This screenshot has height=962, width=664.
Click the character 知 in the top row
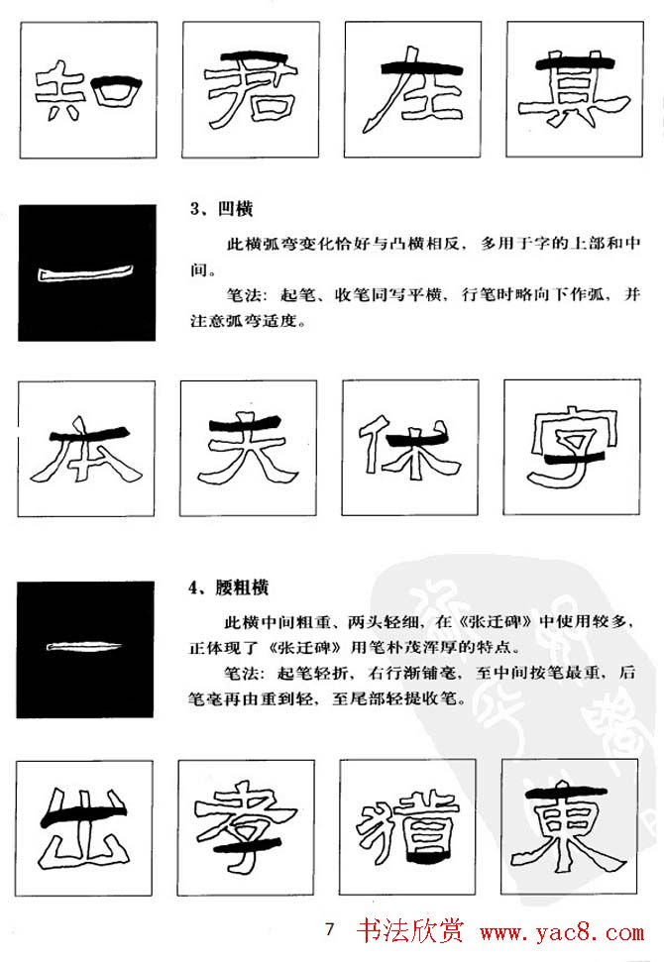(85, 92)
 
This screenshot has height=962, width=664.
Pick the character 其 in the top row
(571, 90)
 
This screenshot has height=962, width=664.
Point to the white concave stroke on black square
(86, 273)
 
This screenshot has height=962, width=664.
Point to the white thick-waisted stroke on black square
(85, 649)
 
